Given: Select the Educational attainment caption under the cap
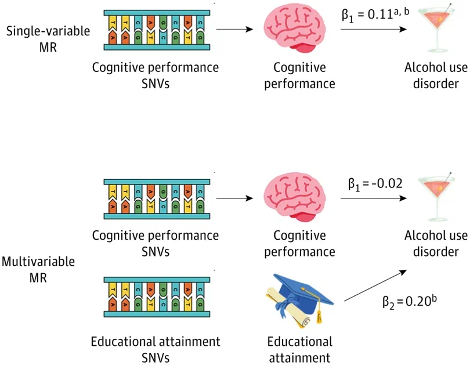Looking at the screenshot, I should [299, 348].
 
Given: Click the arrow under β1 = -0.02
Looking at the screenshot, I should [374, 198].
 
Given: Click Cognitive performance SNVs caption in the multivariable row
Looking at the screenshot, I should [156, 244].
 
